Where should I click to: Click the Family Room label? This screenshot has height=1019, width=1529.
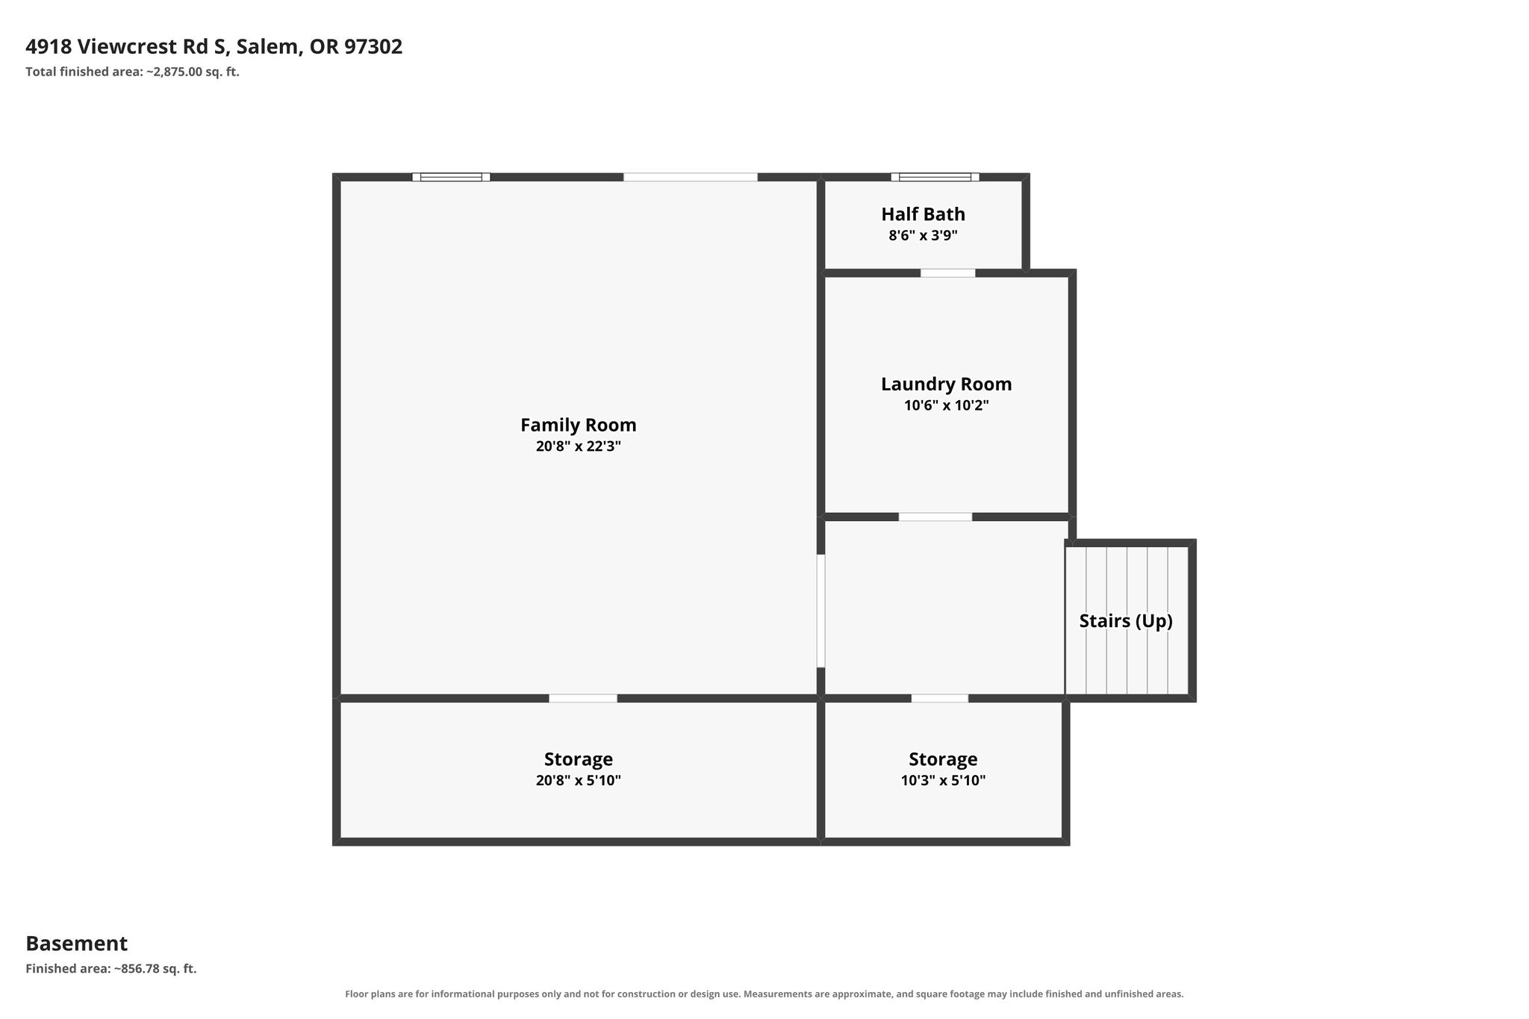579,425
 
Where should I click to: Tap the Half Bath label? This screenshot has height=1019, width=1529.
923,214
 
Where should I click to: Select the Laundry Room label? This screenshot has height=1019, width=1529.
946,384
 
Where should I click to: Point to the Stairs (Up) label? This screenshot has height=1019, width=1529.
1126,621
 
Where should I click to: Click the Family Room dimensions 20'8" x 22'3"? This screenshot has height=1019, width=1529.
579,446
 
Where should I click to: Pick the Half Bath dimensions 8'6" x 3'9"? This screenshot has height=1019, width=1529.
923,236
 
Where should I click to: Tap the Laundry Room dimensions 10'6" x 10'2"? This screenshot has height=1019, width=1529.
946,406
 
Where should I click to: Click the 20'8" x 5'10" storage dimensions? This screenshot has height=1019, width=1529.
579,781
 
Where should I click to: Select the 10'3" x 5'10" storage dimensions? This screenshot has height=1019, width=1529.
943,781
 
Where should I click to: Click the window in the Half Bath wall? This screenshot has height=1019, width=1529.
935,177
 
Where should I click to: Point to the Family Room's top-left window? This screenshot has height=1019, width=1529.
451,177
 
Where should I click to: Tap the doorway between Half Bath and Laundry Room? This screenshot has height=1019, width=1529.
947,273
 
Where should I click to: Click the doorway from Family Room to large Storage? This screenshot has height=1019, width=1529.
583,699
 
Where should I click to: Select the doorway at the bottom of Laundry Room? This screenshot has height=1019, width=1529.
935,517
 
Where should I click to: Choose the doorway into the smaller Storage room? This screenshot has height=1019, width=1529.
940,699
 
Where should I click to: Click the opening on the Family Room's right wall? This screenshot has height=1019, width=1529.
820,611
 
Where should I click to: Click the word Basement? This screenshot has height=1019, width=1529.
77,944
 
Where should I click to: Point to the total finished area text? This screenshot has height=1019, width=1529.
132,72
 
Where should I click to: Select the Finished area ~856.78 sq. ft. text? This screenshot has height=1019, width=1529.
111,969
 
